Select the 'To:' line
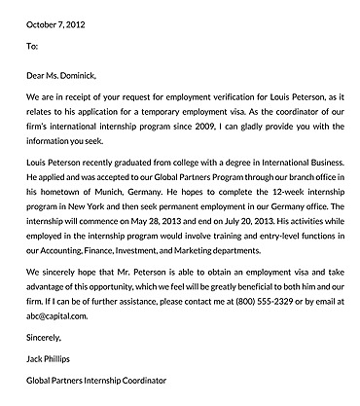click(32, 46)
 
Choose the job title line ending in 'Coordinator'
click(96, 382)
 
